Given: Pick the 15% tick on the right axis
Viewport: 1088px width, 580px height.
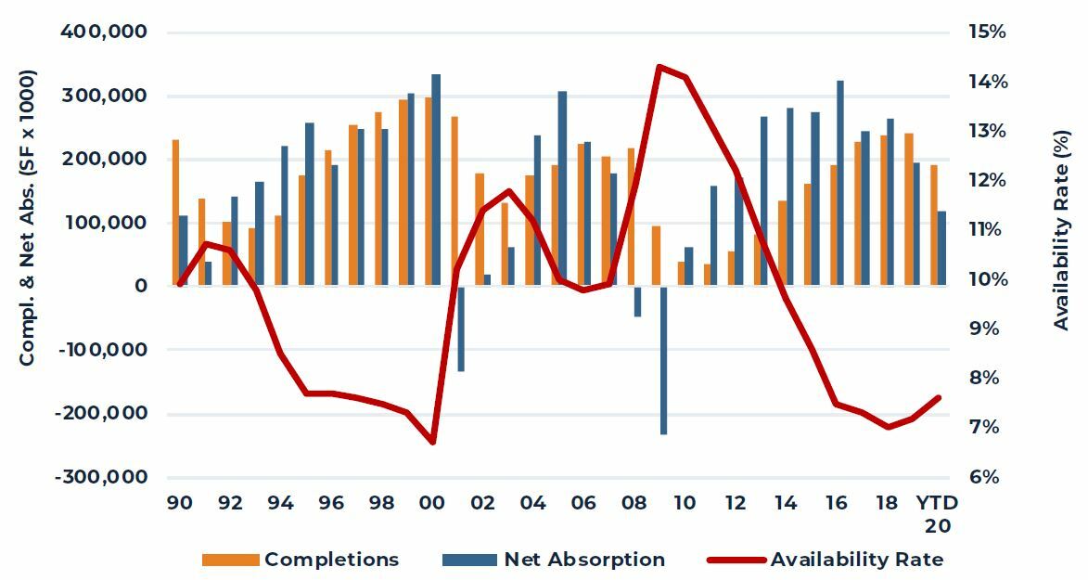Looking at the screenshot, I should pos(987,32).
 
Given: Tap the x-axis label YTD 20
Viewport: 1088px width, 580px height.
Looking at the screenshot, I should pos(937,513).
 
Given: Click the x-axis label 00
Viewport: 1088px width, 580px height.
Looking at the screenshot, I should pos(431,503).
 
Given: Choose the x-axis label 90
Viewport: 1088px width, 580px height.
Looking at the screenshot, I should pos(180,503).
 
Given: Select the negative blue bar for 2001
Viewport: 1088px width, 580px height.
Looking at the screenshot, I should pos(461,329).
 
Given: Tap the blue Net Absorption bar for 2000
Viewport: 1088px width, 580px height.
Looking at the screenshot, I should pos(436,180).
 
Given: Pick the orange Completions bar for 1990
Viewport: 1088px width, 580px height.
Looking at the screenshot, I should pos(175,213).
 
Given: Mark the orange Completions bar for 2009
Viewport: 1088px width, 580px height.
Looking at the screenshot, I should pos(656,255).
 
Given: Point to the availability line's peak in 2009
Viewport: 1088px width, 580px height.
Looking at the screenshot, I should pos(659,67).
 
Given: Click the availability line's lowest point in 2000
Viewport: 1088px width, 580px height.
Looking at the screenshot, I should pos(432,442).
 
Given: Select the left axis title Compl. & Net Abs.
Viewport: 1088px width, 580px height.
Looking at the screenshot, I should pos(27,217).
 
